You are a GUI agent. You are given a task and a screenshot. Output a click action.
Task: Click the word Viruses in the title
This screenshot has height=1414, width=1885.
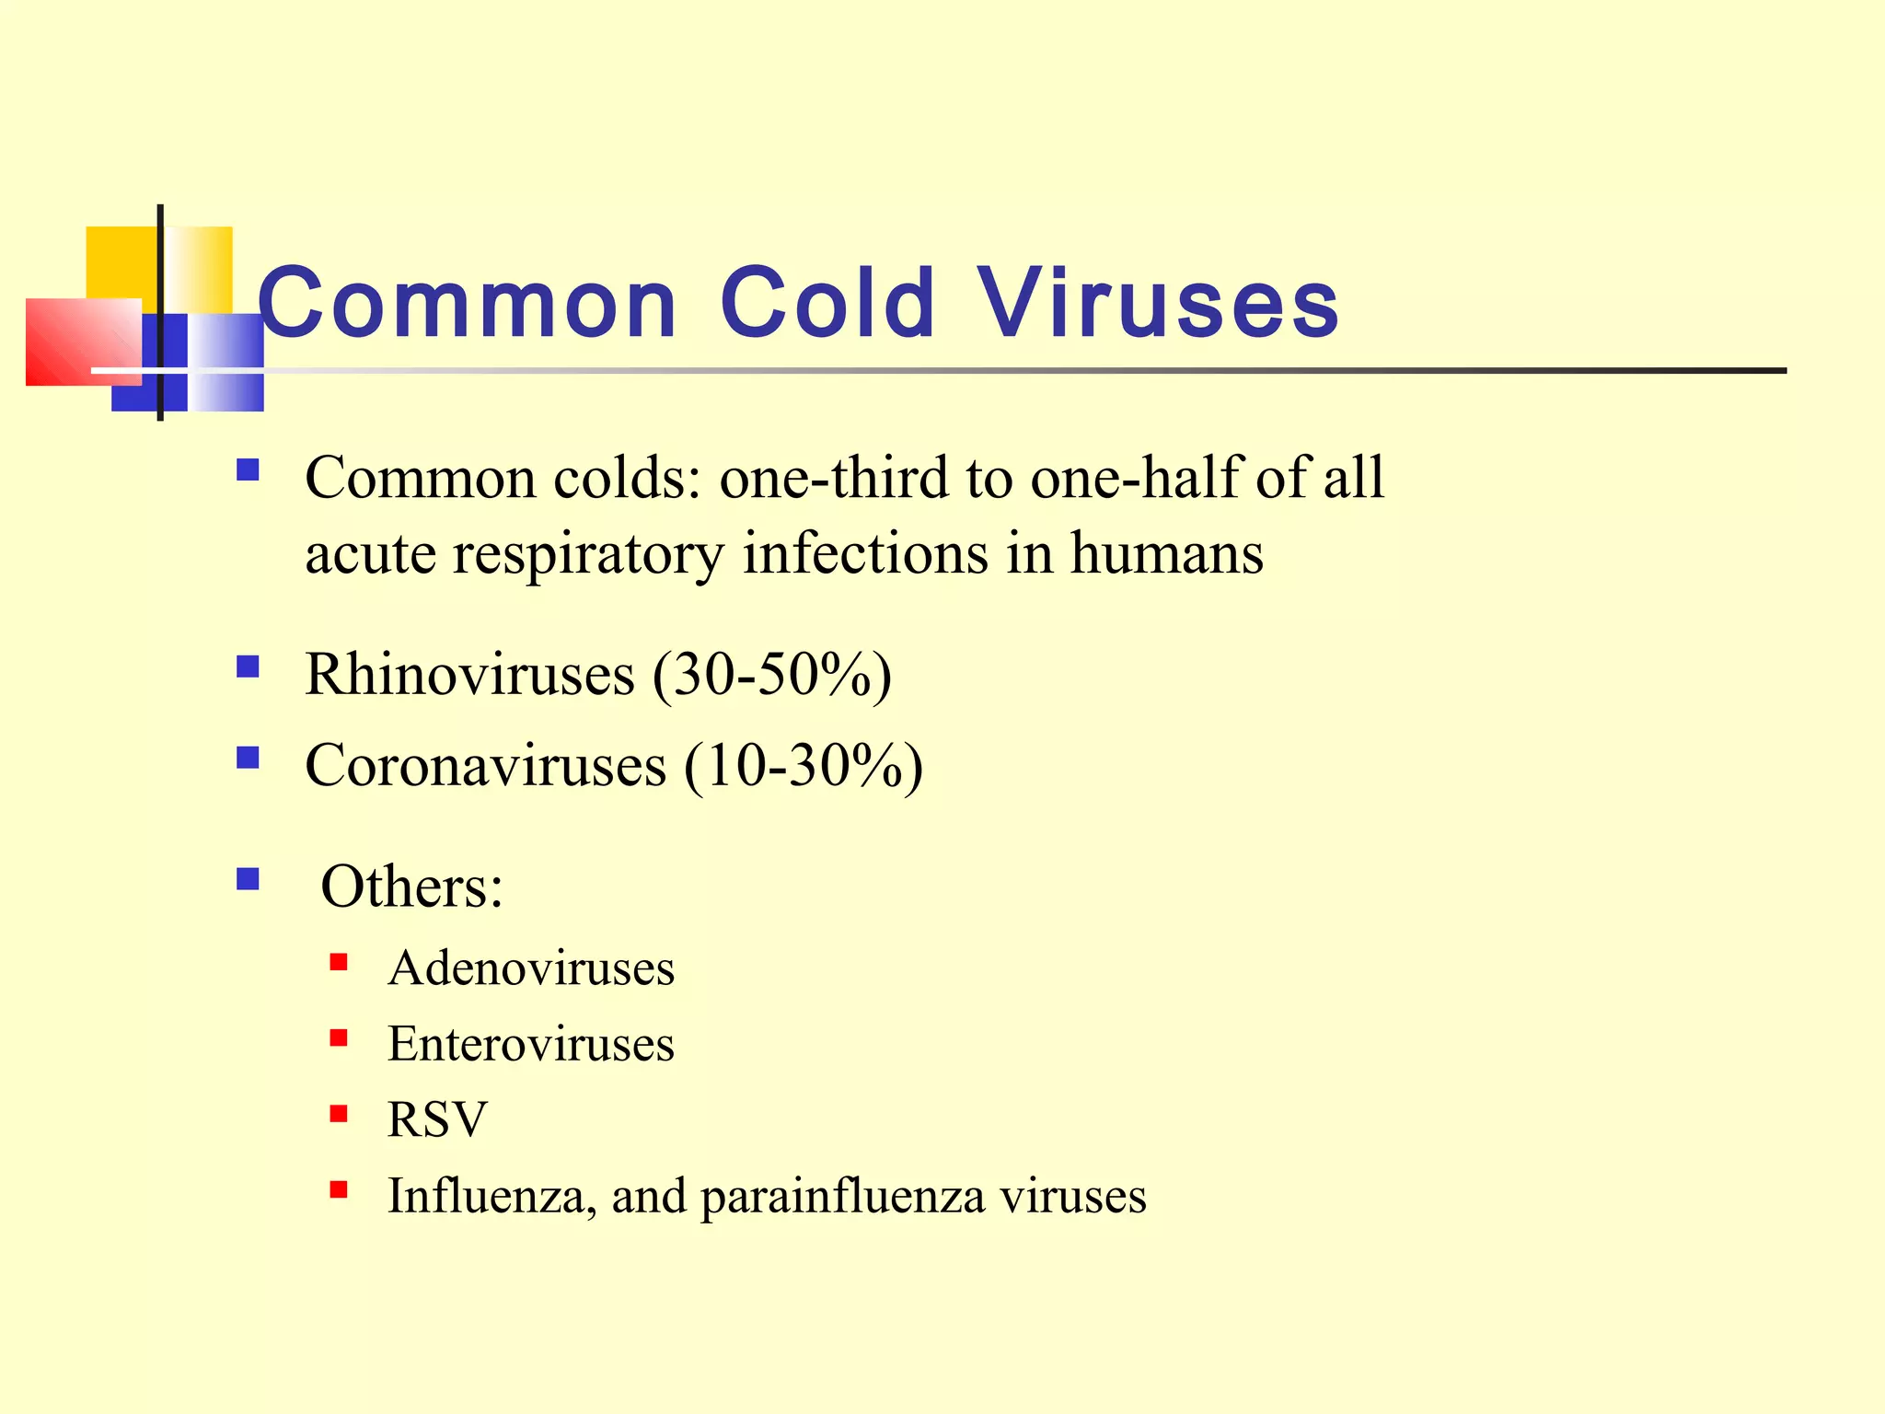[1158, 302]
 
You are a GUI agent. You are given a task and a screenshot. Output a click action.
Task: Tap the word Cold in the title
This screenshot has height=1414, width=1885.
[827, 302]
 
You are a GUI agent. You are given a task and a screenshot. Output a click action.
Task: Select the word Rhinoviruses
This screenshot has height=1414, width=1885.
[469, 675]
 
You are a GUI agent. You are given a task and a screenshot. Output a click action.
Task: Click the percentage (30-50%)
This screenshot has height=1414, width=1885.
[772, 675]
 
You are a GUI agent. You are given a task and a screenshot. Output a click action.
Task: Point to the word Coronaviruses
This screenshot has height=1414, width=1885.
[485, 766]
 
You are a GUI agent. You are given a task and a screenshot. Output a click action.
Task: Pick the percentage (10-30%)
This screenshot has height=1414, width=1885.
[804, 766]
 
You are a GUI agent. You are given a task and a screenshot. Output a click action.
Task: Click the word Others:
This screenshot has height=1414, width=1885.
[411, 887]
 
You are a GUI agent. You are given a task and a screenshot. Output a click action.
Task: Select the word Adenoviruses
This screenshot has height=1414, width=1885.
[531, 968]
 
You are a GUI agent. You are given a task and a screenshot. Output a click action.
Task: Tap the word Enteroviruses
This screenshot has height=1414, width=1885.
[531, 1044]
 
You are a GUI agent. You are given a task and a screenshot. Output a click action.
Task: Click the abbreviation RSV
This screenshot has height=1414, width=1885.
[437, 1120]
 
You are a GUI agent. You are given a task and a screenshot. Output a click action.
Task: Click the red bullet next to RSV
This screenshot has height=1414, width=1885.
[339, 1115]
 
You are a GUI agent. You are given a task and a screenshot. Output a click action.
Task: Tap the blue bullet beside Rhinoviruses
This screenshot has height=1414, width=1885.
[248, 666]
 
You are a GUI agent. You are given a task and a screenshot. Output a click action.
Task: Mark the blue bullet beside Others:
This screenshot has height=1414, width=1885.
[248, 879]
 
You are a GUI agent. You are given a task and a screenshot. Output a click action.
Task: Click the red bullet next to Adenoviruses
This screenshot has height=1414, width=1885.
[339, 963]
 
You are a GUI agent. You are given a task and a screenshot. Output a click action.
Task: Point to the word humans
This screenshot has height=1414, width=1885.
[1166, 554]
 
